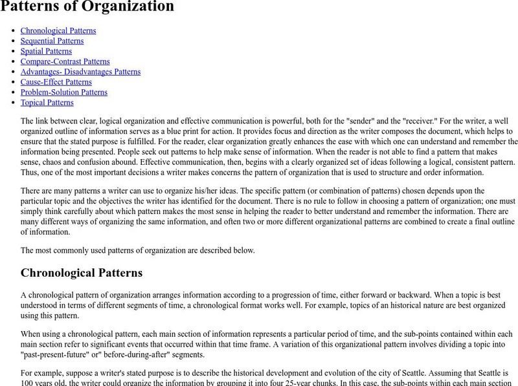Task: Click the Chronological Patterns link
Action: [x=58, y=30]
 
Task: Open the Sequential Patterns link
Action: [x=52, y=41]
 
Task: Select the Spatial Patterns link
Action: [x=46, y=51]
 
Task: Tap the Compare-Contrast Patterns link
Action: [x=65, y=61]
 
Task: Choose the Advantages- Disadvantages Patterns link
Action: [x=80, y=72]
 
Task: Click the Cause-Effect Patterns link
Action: [x=56, y=82]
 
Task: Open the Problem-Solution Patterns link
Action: [x=63, y=92]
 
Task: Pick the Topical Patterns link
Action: [x=47, y=103]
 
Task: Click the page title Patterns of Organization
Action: [x=87, y=7]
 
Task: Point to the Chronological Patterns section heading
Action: [x=81, y=273]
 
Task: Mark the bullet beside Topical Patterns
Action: [x=13, y=103]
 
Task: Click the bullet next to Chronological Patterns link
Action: [x=13, y=30]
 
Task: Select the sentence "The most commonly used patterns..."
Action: [x=137, y=250]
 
